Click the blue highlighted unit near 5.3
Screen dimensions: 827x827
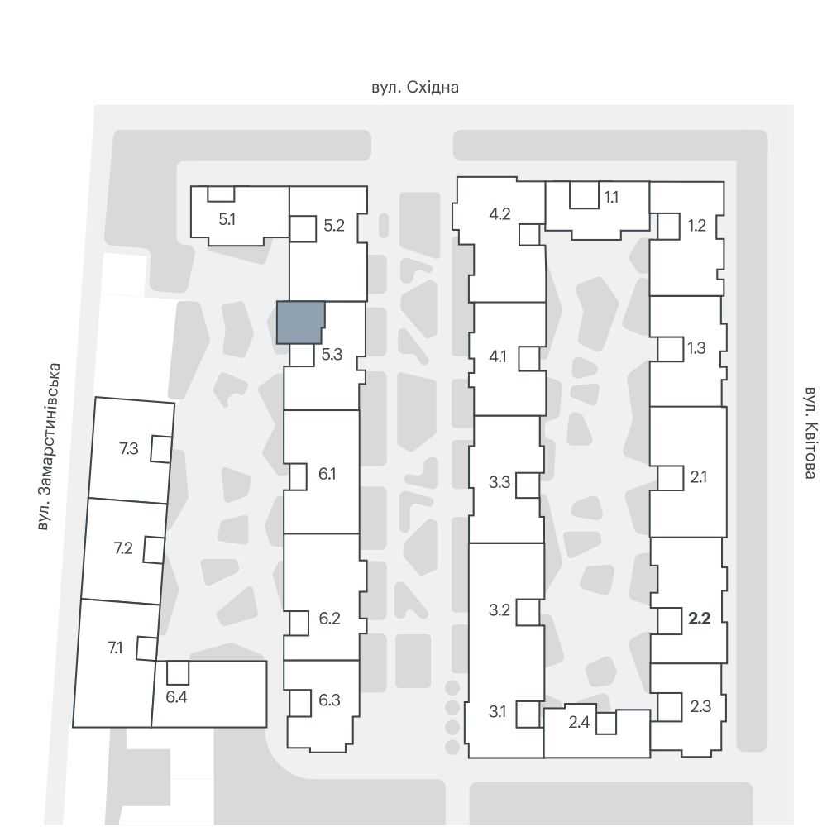299,323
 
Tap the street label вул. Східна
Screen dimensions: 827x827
415,87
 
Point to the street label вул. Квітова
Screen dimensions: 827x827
811,433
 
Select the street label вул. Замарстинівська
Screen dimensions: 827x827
50,447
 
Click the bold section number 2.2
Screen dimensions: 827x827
700,618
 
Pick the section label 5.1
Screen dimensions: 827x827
227,219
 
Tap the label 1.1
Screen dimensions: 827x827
611,198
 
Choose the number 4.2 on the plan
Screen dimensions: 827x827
500,213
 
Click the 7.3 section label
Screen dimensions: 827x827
129,448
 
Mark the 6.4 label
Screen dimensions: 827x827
176,696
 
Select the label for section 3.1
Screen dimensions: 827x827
497,711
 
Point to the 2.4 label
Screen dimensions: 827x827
579,721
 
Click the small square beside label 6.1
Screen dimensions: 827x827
298,477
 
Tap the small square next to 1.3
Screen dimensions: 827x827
671,349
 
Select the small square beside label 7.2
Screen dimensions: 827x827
154,550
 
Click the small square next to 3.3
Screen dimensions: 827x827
528,485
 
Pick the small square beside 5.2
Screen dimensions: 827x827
303,229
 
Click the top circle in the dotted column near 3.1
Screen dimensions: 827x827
452,688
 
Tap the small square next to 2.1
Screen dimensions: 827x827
671,478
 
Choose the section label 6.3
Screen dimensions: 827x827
329,700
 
